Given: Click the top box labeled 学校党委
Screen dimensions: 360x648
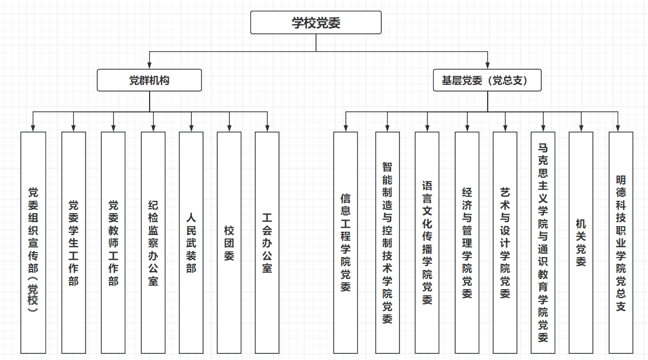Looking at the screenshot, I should tap(316, 22).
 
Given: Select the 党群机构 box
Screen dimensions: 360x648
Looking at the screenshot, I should tap(149, 80).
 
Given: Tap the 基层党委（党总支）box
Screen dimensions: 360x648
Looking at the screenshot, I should tap(487, 80).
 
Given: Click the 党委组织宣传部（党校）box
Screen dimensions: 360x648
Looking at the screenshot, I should tap(33, 242).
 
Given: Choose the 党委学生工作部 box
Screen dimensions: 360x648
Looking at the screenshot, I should tap(74, 242).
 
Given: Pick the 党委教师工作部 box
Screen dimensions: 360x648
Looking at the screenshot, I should tap(114, 242).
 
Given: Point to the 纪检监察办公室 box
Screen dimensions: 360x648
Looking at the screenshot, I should tap(153, 242).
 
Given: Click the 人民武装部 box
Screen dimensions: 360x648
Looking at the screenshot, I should tap(191, 242).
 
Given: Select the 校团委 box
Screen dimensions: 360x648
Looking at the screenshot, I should tap(229, 242).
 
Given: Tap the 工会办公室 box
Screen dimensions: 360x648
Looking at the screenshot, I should tap(267, 242).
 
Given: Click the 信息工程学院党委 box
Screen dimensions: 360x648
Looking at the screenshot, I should tap(345, 242).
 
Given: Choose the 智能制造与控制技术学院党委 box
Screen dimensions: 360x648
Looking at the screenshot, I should tap(388, 242).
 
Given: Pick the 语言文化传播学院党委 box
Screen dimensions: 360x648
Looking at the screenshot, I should tap(427, 242).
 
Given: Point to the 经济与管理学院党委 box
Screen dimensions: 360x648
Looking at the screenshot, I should tap(467, 242).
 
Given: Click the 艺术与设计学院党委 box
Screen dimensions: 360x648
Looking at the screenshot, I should tap(505, 242).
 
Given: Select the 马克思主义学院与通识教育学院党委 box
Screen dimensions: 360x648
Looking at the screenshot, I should tap(543, 242).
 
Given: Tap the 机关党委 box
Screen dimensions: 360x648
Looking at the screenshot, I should tap(580, 242).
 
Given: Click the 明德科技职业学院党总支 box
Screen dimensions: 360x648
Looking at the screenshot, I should tap(620, 242).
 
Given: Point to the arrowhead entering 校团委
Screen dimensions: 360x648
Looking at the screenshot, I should tap(229, 129).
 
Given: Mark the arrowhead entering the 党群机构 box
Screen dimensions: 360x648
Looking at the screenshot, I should tap(149, 66).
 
